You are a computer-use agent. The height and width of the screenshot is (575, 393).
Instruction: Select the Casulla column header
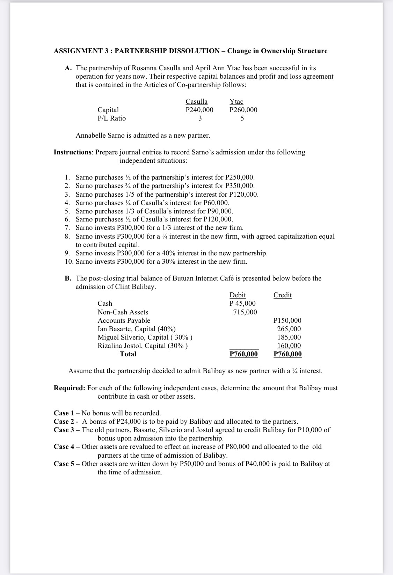point(196,101)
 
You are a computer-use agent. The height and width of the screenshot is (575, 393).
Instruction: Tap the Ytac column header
point(236,101)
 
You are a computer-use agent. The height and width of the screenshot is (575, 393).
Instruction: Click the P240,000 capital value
point(199,110)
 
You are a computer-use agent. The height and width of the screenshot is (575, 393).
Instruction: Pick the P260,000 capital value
point(243,110)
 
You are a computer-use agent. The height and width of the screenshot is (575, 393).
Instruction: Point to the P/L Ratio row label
point(111,118)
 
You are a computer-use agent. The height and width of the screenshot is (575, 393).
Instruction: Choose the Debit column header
point(238,295)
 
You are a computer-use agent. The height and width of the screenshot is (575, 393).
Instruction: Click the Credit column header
point(282,295)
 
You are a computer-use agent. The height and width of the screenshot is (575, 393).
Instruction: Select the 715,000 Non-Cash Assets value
point(245,312)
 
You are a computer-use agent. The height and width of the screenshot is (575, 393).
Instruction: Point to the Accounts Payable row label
point(124,320)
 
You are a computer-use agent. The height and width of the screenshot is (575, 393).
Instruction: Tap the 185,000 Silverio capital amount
point(289,337)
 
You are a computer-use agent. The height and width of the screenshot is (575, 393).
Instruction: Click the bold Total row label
point(128,354)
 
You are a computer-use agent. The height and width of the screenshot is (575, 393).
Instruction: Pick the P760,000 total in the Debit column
point(244,354)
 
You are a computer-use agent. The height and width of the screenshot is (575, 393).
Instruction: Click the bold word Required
point(69,388)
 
